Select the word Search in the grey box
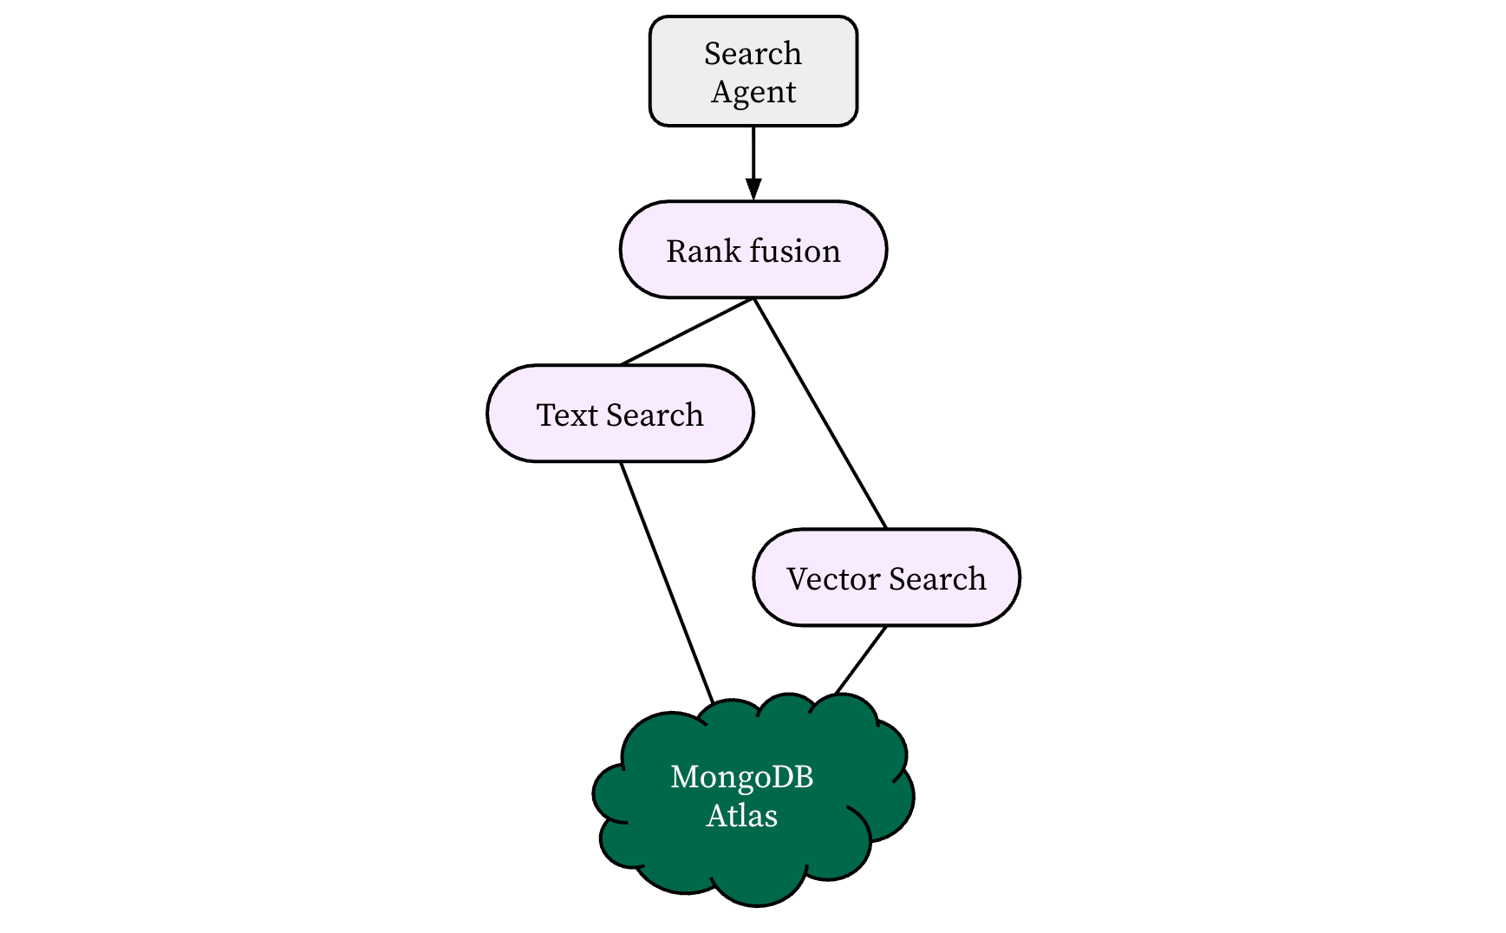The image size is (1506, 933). click(x=753, y=54)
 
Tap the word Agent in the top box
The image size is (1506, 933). click(x=753, y=92)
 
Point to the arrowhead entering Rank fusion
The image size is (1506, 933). click(x=753, y=190)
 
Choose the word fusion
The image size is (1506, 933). click(x=795, y=251)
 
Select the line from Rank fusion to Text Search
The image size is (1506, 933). click(x=687, y=332)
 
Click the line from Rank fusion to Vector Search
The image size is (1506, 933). click(x=820, y=414)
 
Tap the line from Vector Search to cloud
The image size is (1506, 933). click(x=861, y=660)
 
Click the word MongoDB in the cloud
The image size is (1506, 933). click(x=741, y=777)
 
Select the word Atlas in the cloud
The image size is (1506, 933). click(x=741, y=816)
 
